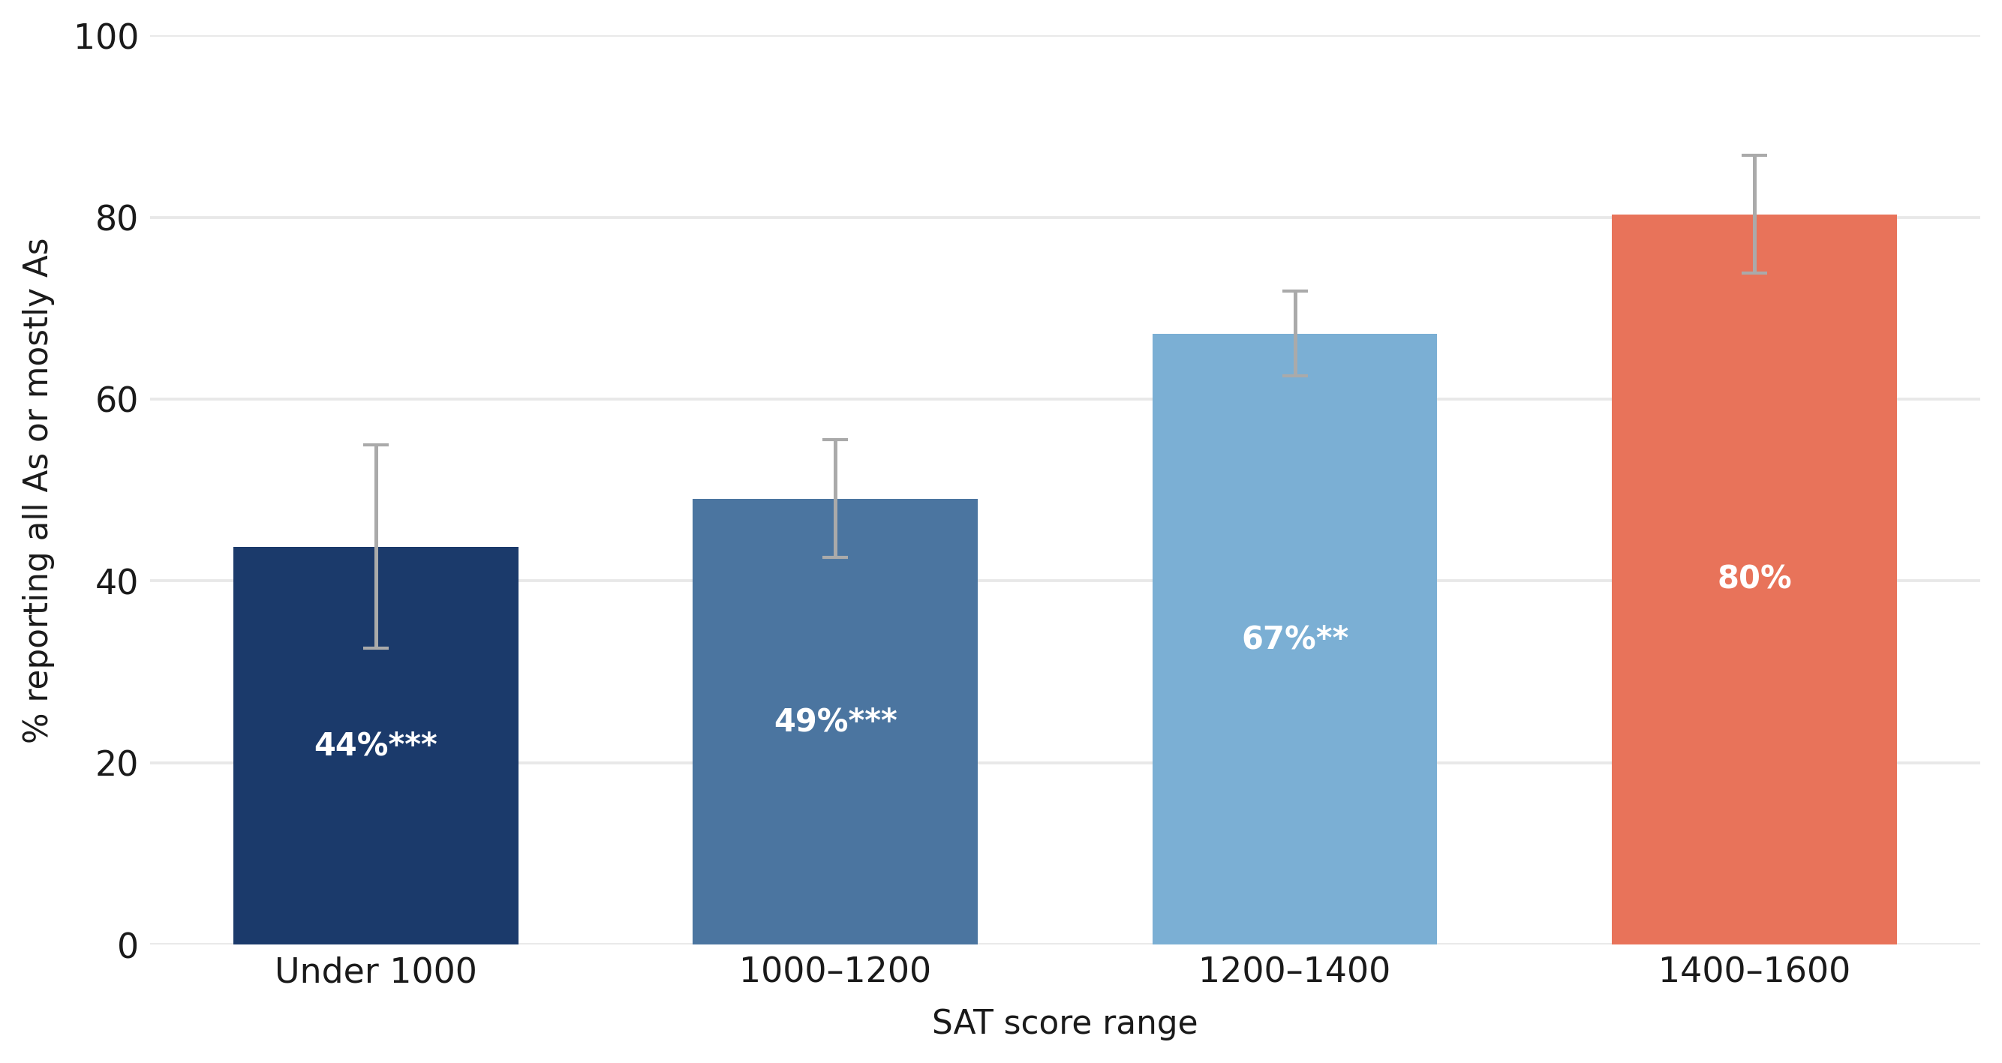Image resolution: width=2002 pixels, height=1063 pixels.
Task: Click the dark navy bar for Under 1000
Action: click(x=375, y=746)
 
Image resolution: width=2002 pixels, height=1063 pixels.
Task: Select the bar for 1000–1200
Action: click(x=834, y=722)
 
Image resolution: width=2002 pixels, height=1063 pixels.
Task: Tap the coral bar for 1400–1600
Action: click(x=1754, y=580)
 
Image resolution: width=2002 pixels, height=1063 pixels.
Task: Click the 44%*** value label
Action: click(x=375, y=744)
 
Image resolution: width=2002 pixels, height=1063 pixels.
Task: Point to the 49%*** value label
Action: click(x=835, y=720)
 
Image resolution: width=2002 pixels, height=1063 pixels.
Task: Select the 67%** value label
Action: click(x=1295, y=638)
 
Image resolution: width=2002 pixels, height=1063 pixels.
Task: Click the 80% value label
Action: click(x=1754, y=578)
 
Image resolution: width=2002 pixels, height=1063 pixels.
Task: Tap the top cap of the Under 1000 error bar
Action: click(x=375, y=446)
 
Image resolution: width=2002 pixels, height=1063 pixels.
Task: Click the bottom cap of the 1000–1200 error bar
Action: click(x=834, y=557)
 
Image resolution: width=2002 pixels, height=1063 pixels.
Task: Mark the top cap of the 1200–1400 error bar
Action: click(x=1295, y=291)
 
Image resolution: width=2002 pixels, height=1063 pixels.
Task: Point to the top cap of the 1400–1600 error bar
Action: click(x=1754, y=155)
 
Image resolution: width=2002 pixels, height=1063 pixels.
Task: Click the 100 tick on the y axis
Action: click(x=106, y=38)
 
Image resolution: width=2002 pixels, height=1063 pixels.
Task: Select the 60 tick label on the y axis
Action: click(x=116, y=400)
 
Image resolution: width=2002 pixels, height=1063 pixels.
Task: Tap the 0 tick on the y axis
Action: click(x=128, y=947)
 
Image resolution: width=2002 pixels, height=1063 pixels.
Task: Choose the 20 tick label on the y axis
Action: click(x=116, y=764)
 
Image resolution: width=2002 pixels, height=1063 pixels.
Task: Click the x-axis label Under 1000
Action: click(x=375, y=971)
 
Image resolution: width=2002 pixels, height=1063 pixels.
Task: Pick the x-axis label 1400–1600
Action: click(x=1754, y=971)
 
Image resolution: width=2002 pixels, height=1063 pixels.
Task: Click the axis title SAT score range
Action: click(x=1065, y=1022)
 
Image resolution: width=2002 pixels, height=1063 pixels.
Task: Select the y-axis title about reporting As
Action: click(x=36, y=491)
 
